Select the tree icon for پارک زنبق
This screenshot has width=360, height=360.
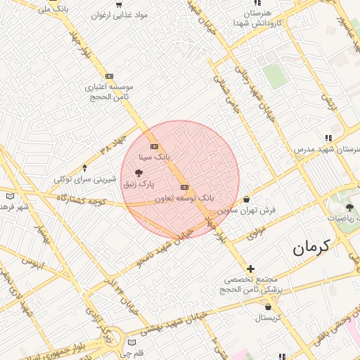(x=139, y=172)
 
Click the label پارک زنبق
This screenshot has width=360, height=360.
(x=139, y=184)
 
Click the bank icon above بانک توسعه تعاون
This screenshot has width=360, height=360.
(x=185, y=187)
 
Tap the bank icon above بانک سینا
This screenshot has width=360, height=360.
(x=155, y=146)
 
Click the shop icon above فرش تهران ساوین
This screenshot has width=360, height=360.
(x=246, y=199)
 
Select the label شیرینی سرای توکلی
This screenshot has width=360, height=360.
(x=85, y=179)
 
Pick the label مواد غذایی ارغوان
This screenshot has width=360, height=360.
(x=123, y=14)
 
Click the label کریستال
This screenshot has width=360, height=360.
(x=268, y=317)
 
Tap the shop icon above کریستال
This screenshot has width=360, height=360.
(x=268, y=307)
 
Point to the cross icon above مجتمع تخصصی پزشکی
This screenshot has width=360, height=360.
(x=251, y=268)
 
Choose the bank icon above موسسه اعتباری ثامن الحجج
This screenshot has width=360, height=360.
(x=109, y=76)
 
